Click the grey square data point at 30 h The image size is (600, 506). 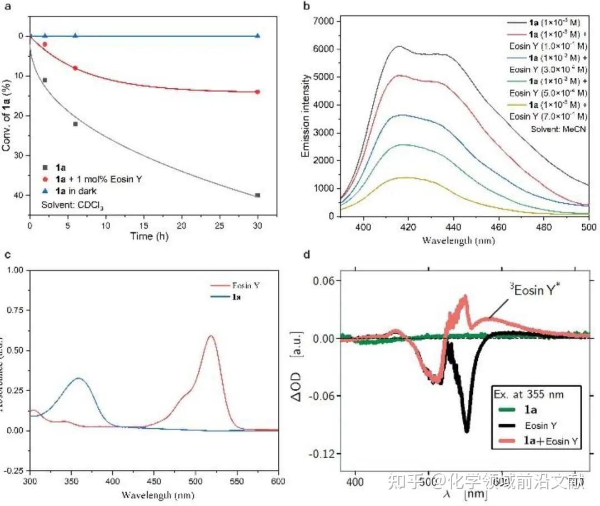257,195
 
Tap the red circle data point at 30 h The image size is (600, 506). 257,92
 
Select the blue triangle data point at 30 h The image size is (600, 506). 257,36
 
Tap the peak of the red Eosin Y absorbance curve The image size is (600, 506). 211,335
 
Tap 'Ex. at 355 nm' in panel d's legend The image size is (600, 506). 529,394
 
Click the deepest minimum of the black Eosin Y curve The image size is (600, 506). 467,430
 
